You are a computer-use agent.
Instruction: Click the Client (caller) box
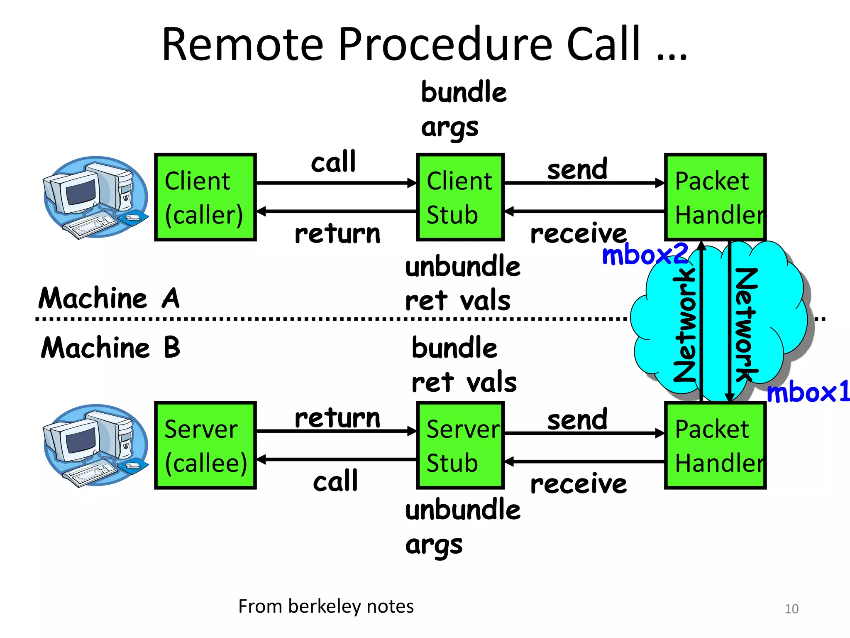(205, 197)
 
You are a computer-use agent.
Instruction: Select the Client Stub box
(460, 197)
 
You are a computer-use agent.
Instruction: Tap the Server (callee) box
(205, 445)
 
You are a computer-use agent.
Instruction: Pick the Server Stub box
(460, 445)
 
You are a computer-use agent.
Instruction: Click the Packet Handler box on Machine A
(715, 197)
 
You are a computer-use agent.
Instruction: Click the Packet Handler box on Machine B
(715, 445)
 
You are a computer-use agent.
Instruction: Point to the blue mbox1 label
(807, 392)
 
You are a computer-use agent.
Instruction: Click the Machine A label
(109, 298)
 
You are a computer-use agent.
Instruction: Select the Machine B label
(111, 348)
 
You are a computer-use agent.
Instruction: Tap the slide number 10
(791, 609)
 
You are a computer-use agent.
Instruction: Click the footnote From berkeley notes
(326, 606)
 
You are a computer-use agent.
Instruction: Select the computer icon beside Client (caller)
(95, 197)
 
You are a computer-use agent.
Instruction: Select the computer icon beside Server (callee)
(95, 445)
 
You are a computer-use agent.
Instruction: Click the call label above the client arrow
(334, 162)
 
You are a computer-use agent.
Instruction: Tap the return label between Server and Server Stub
(337, 418)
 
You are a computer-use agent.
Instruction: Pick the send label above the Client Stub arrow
(577, 169)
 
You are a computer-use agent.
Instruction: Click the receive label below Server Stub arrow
(579, 484)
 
